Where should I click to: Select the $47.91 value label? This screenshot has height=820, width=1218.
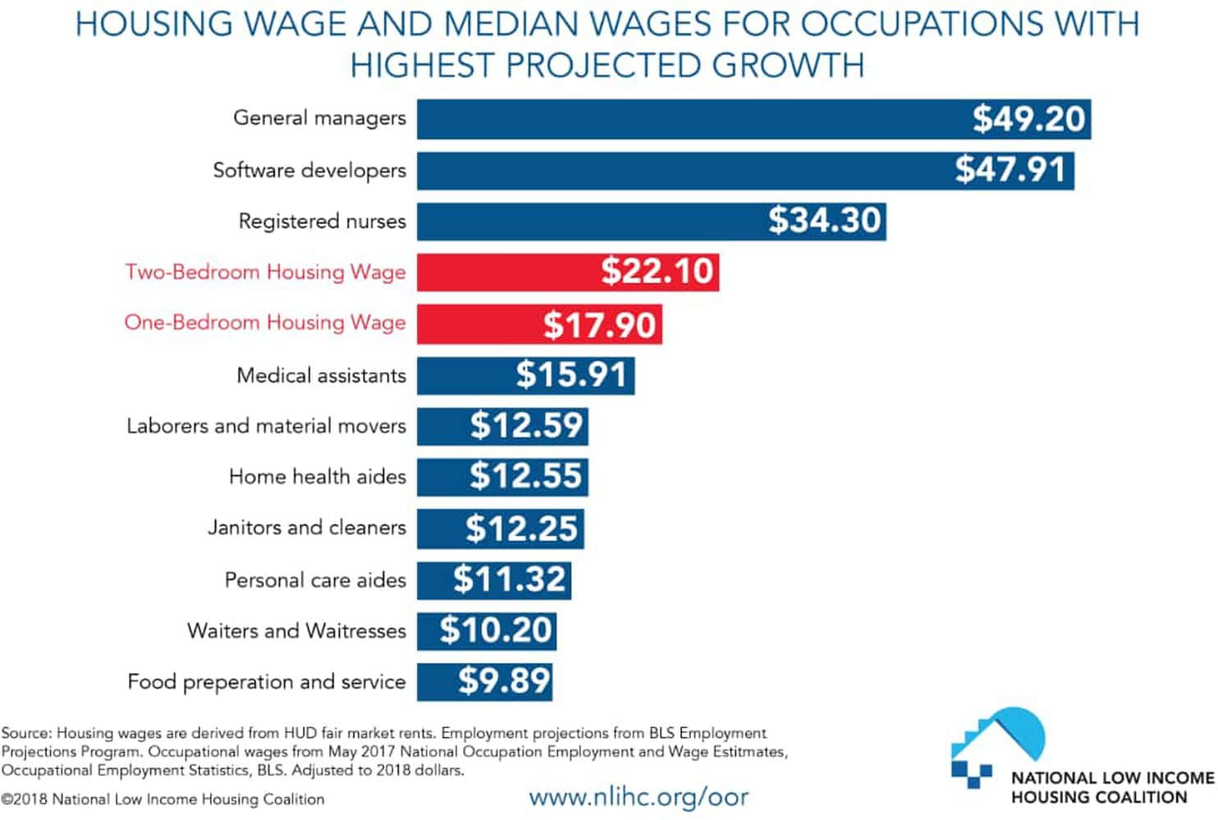coord(1010,170)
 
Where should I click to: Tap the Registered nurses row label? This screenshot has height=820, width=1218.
coord(322,222)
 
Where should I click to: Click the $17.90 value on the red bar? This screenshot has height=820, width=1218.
coord(600,325)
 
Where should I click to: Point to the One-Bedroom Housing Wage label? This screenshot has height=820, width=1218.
coord(265,323)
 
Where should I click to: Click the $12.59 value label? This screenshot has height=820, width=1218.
coord(526,426)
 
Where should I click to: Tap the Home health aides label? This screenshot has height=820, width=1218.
coord(317,477)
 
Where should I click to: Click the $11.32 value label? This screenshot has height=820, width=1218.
coord(510,579)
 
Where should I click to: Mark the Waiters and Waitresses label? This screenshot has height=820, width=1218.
coord(296,631)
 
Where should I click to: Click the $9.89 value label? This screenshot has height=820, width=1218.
coord(504,681)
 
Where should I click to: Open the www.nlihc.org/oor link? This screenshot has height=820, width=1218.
coord(639,796)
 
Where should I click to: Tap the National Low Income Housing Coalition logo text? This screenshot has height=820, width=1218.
coord(1111,787)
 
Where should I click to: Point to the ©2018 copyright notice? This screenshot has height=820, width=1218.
coord(163,799)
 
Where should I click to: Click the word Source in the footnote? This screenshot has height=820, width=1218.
coord(25,733)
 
